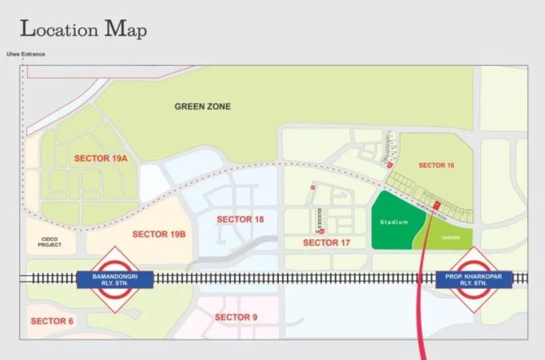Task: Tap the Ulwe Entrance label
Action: [25, 54]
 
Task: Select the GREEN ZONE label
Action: [202, 106]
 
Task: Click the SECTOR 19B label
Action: [158, 234]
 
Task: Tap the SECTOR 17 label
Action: [326, 243]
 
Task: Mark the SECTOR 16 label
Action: [436, 165]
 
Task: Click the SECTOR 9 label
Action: [236, 317]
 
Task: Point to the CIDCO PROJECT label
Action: [50, 241]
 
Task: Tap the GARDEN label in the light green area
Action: [451, 237]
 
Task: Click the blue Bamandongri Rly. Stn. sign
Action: [116, 279]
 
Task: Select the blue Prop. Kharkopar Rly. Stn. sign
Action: [474, 279]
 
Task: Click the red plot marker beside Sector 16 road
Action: [437, 204]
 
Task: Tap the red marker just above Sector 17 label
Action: [321, 231]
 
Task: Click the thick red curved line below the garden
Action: [419, 313]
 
